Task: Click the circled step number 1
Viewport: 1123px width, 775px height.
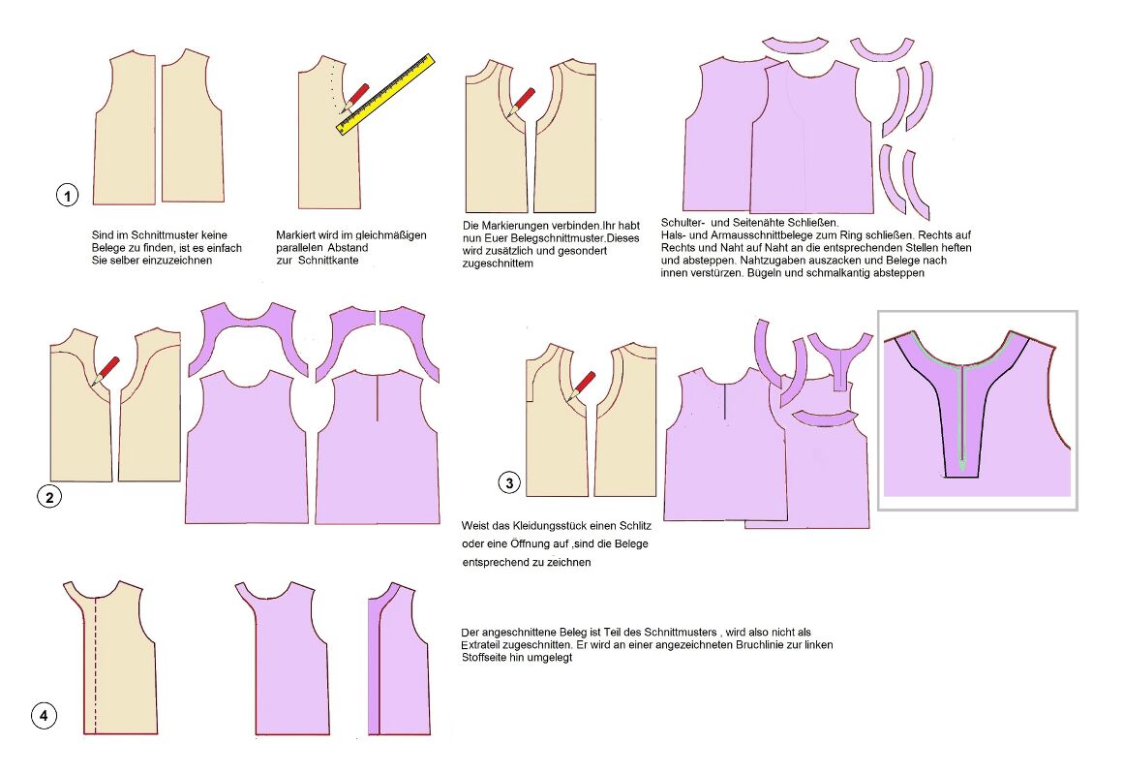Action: point(68,195)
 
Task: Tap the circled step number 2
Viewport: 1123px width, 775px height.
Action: point(48,497)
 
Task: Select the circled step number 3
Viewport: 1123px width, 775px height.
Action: point(509,482)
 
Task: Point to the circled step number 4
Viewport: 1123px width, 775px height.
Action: point(44,715)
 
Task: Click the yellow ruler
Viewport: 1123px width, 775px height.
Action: point(386,94)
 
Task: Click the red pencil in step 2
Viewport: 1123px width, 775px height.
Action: point(105,371)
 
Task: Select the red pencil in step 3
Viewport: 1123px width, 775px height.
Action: point(582,386)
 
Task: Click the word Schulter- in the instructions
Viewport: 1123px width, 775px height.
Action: point(682,222)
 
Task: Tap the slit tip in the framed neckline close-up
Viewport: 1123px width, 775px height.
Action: point(963,470)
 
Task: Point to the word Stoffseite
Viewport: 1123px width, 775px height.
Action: point(487,658)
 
